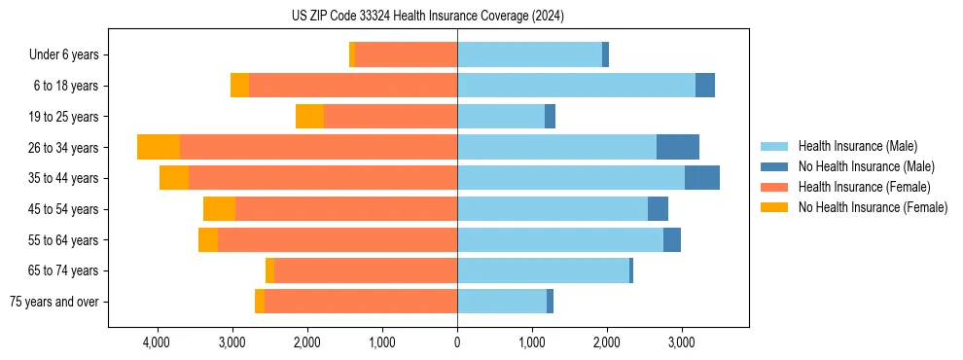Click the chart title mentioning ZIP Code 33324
(428, 16)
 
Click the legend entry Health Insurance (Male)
(857, 146)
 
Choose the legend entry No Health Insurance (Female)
(873, 207)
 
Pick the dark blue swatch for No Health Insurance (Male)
(774, 166)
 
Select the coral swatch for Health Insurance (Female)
(774, 187)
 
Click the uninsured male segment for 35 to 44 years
(702, 178)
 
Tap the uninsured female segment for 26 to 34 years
(159, 147)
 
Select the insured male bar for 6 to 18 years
(576, 86)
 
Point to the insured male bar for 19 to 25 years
(501, 117)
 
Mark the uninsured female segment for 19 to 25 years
(309, 117)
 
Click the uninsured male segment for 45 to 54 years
(658, 209)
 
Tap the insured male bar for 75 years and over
(502, 302)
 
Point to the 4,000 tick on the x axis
(157, 342)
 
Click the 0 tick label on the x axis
(457, 342)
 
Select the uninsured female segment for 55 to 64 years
(208, 240)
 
